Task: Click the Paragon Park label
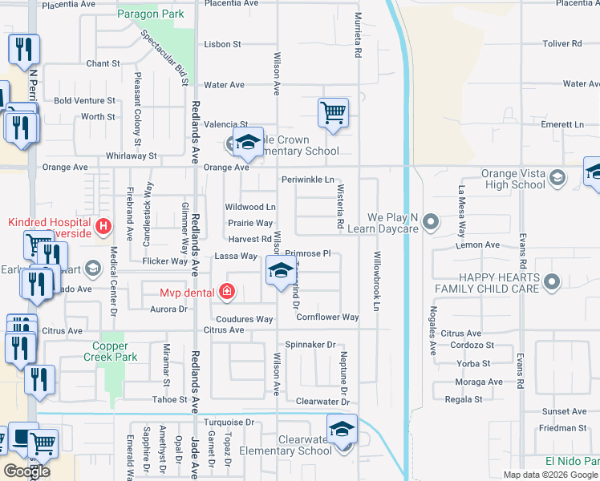pyautogui.click(x=150, y=14)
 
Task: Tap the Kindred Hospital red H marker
pyautogui.click(x=103, y=228)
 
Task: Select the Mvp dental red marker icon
pyautogui.click(x=227, y=292)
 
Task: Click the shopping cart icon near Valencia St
pyautogui.click(x=333, y=113)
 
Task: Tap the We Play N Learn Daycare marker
pyautogui.click(x=432, y=220)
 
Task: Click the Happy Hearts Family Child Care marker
pyautogui.click(x=551, y=281)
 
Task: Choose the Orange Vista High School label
pyautogui.click(x=513, y=179)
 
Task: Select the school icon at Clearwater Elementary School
pyautogui.click(x=342, y=429)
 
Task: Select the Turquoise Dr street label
pyautogui.click(x=227, y=422)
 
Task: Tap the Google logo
pyautogui.click(x=27, y=471)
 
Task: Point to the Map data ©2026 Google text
pyautogui.click(x=550, y=475)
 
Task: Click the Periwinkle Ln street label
pyautogui.click(x=307, y=180)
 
